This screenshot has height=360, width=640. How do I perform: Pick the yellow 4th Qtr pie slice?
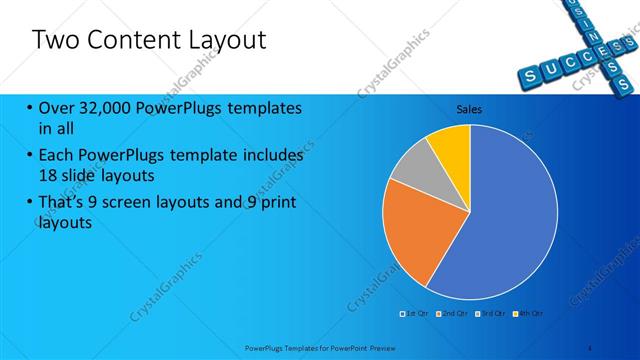click(451, 146)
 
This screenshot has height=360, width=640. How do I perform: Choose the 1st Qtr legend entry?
click(414, 314)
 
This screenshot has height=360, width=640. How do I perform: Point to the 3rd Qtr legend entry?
click(490, 314)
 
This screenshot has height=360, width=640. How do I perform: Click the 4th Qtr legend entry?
click(529, 314)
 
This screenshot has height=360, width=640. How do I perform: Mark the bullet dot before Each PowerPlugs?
click(30, 156)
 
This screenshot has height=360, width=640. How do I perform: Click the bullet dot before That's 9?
click(30, 204)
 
